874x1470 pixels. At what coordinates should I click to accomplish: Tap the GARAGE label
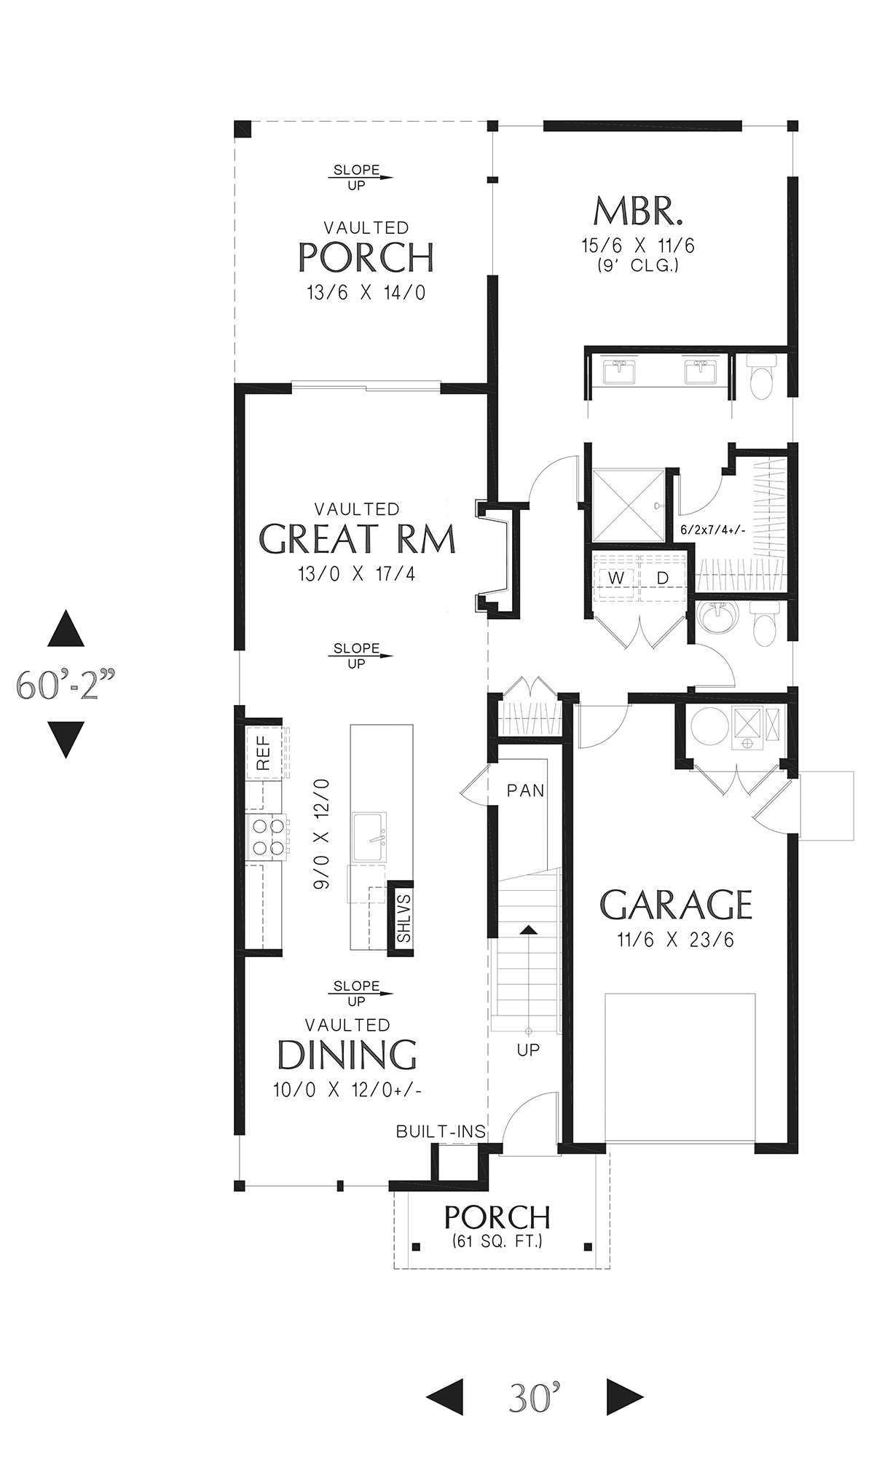pyautogui.click(x=676, y=905)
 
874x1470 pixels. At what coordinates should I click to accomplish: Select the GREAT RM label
pyautogui.click(x=357, y=539)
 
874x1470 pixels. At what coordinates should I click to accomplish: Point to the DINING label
pyautogui.click(x=347, y=1054)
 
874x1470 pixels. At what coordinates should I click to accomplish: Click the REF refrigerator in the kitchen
pyautogui.click(x=264, y=752)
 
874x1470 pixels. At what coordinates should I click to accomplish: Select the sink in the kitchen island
pyautogui.click(x=370, y=837)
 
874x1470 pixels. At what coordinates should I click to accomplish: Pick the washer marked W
pyautogui.click(x=616, y=578)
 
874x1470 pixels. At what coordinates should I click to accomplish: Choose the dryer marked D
pyautogui.click(x=663, y=578)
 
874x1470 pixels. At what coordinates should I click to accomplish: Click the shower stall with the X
pyautogui.click(x=629, y=506)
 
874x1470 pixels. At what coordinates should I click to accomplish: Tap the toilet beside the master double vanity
pyautogui.click(x=760, y=377)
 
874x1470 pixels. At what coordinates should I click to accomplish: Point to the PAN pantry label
pyautogui.click(x=526, y=790)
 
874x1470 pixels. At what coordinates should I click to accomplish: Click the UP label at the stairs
pyautogui.click(x=529, y=1050)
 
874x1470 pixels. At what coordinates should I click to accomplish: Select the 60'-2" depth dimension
pyautogui.click(x=66, y=685)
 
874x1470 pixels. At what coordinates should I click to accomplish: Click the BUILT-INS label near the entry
pyautogui.click(x=441, y=1131)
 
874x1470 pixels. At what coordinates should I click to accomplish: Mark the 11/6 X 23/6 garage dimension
pyautogui.click(x=676, y=940)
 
